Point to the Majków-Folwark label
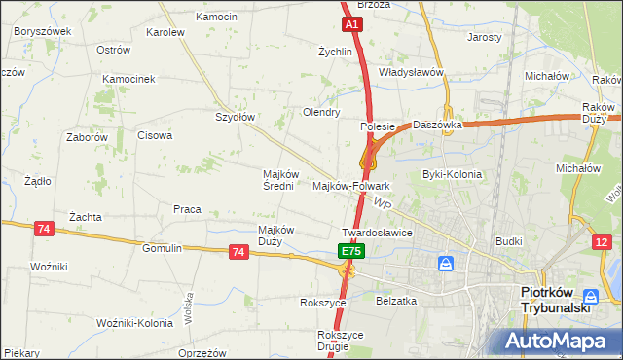(x=351, y=185)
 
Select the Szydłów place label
(x=235, y=117)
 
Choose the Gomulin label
(x=162, y=248)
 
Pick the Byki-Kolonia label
(x=452, y=175)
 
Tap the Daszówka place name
(x=436, y=125)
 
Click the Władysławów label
(x=411, y=72)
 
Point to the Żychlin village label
(x=335, y=52)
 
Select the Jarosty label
(x=485, y=37)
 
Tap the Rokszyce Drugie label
(x=340, y=340)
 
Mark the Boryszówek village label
(x=43, y=31)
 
